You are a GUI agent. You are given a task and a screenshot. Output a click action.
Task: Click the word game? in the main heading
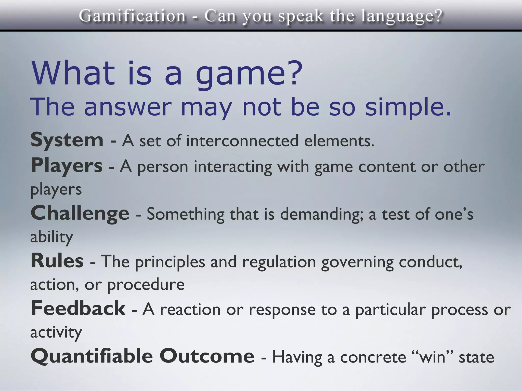point(249,74)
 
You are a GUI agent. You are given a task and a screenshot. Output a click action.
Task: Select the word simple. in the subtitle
point(408,107)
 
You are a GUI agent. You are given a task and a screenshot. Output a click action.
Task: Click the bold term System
point(67,140)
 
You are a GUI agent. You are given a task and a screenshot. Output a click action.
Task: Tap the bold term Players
point(67,166)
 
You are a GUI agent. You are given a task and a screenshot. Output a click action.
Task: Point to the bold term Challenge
point(80,213)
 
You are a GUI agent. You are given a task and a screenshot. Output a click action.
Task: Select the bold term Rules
point(57,261)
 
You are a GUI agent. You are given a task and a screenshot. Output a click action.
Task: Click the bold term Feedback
point(78,309)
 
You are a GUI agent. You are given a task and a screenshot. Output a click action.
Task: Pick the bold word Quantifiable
point(92,356)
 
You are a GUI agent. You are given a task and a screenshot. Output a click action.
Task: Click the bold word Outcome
point(207,356)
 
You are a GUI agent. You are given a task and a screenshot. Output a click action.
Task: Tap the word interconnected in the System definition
point(242,141)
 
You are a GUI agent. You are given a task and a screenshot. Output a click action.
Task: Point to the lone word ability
point(52,237)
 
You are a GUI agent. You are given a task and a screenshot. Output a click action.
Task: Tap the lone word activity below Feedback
point(56,332)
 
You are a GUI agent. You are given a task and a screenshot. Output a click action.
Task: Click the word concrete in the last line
point(373,357)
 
